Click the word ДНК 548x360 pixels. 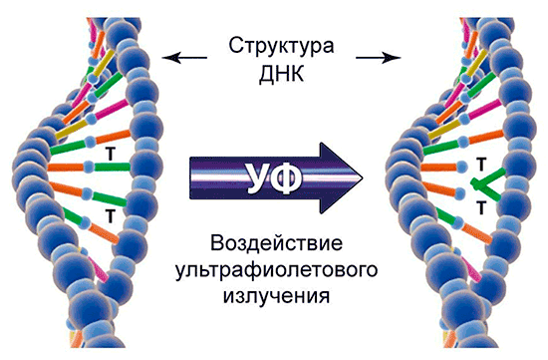[281, 74]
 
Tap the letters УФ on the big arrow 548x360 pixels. [276, 179]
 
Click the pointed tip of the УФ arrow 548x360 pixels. [363, 178]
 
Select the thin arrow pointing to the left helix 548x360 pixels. [184, 58]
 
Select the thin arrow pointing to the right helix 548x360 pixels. [378, 58]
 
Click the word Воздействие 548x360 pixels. [276, 244]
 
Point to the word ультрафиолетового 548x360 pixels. [276, 270]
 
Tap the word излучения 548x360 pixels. [276, 296]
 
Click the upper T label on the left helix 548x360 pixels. [111, 154]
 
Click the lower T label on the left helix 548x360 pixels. [111, 215]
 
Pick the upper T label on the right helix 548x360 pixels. [481, 165]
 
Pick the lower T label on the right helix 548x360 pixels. [481, 207]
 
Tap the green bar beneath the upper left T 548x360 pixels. [112, 167]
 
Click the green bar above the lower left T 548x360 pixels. [109, 198]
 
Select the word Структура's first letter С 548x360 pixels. [235, 46]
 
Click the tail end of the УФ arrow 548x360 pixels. [191, 179]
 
